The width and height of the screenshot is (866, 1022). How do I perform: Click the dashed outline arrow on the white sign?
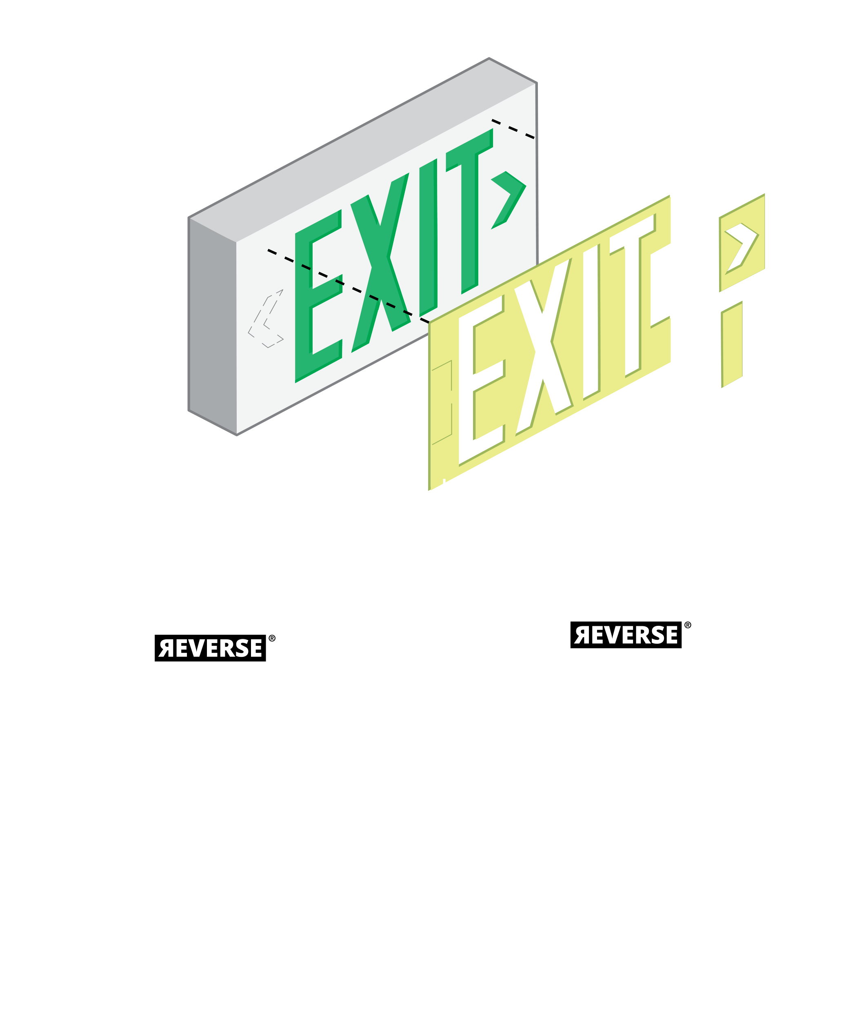point(266,319)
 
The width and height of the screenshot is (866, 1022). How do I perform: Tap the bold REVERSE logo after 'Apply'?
point(626,635)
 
